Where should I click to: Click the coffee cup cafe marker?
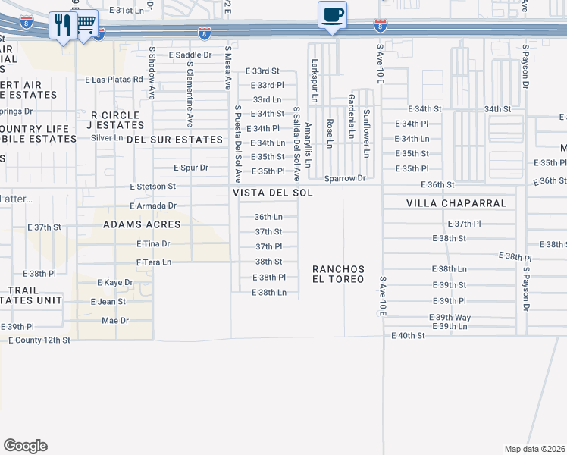[332, 15]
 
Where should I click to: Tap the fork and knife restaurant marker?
[61, 26]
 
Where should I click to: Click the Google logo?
[25, 446]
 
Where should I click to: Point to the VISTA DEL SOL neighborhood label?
[272, 193]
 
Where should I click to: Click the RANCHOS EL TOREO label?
[338, 274]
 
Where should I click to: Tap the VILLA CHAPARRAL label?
[445, 203]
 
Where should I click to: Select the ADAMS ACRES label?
[142, 224]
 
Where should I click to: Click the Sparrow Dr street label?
[345, 179]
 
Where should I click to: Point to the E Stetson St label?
[153, 186]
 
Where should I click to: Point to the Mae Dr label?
[114, 321]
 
